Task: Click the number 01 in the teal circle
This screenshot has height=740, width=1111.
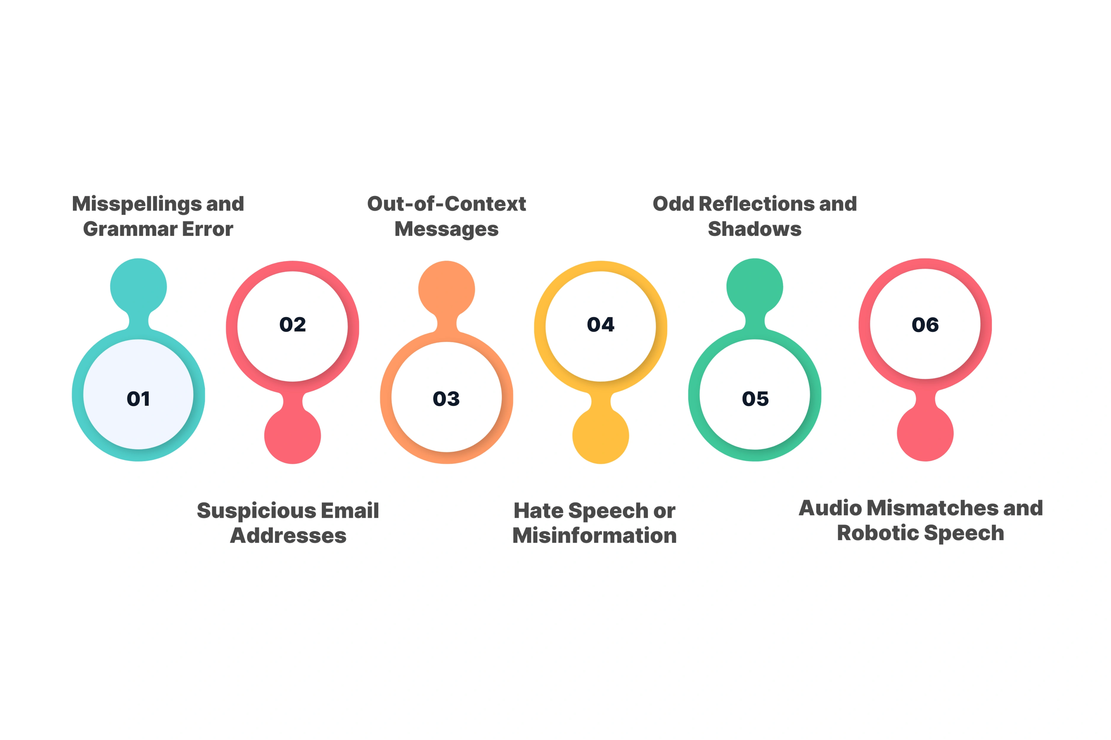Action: pos(139,399)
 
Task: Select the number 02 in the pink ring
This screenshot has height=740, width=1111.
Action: pos(293,325)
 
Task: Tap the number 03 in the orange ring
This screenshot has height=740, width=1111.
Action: pos(446,399)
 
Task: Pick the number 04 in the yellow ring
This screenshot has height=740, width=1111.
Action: pos(601,325)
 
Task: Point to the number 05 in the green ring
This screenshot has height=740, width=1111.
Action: pos(755,399)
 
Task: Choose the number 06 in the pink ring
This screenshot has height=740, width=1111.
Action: pos(925,325)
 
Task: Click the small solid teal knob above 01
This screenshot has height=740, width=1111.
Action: pos(139,287)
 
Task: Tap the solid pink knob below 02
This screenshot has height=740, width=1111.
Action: pos(293,435)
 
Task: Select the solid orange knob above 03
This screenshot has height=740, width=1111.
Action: pos(446,289)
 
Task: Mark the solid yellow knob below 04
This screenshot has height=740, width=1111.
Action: pos(601,435)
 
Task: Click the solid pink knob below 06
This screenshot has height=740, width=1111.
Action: pos(925,433)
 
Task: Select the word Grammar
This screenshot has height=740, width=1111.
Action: pos(130,229)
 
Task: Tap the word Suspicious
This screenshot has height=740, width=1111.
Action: pos(256,511)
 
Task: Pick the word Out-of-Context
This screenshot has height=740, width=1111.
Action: pos(446,204)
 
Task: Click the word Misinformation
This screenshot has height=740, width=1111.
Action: pos(595,536)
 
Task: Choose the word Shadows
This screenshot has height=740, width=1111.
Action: pos(755,229)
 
